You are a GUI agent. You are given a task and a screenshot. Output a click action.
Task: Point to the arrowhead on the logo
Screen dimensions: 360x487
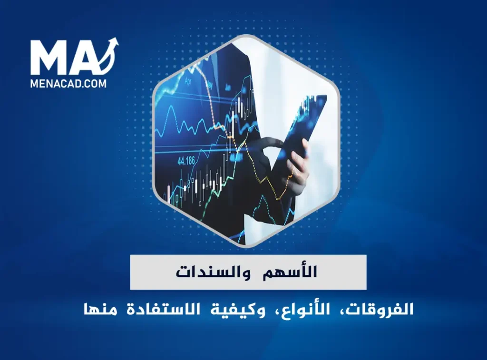pos(114,42)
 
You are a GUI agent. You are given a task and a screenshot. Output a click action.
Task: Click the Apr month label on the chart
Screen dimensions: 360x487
pos(188,81)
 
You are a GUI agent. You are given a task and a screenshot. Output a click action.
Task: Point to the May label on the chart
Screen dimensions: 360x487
pos(209,86)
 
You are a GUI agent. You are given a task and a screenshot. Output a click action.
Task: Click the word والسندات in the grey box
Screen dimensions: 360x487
pos(208,272)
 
